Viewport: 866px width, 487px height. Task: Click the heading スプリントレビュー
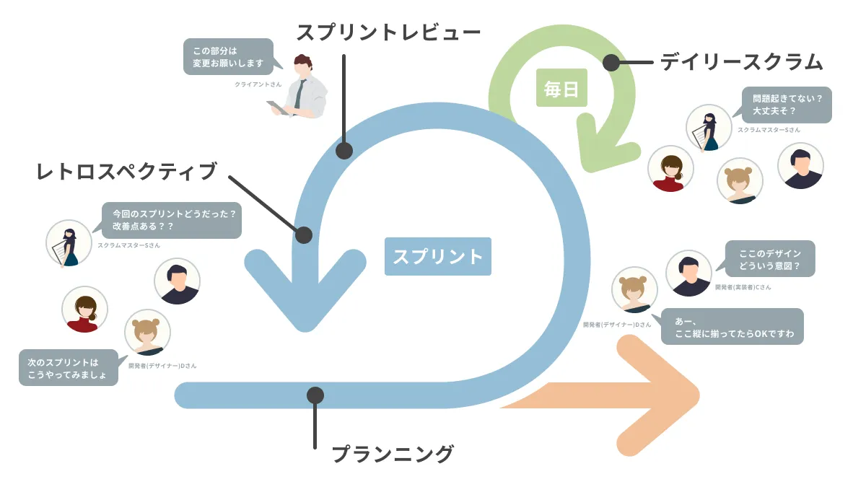(x=388, y=32)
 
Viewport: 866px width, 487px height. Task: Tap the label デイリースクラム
(x=741, y=62)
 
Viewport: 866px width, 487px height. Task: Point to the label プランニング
(x=393, y=454)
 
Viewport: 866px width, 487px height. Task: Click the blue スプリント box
(x=437, y=256)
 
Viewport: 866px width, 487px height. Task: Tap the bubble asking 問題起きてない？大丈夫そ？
(x=787, y=105)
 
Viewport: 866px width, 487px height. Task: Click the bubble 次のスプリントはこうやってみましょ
(x=69, y=368)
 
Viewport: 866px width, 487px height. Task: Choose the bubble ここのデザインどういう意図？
(x=769, y=260)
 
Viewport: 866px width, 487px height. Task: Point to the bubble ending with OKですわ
(x=732, y=327)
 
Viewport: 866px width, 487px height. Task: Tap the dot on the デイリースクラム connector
(x=611, y=63)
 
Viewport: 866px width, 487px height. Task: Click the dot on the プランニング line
(x=315, y=395)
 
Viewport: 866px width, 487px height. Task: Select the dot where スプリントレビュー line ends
(x=344, y=151)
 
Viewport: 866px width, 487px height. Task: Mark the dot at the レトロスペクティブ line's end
(x=304, y=234)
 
